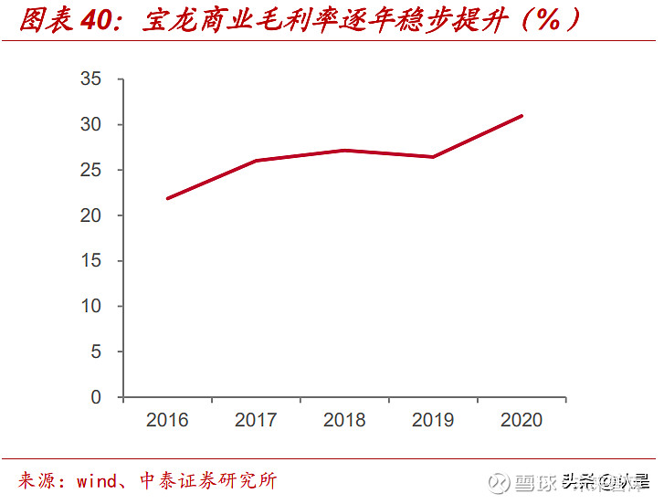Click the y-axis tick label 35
pos(90,79)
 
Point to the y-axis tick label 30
pos(90,125)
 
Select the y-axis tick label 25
pos(90,171)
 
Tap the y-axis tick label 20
pos(90,216)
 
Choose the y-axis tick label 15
pos(90,261)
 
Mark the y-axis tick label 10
pos(90,307)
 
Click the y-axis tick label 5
pos(96,352)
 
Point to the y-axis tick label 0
pos(96,398)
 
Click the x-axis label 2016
pos(167,420)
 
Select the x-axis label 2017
pos(256,420)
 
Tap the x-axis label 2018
pos(344,420)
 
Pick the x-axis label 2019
pos(433,420)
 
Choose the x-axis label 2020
pos(522,420)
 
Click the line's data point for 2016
pos(168,198)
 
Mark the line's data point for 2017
pos(257,161)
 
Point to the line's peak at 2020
pos(522,116)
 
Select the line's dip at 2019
pos(433,157)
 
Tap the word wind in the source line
pos(96,481)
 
